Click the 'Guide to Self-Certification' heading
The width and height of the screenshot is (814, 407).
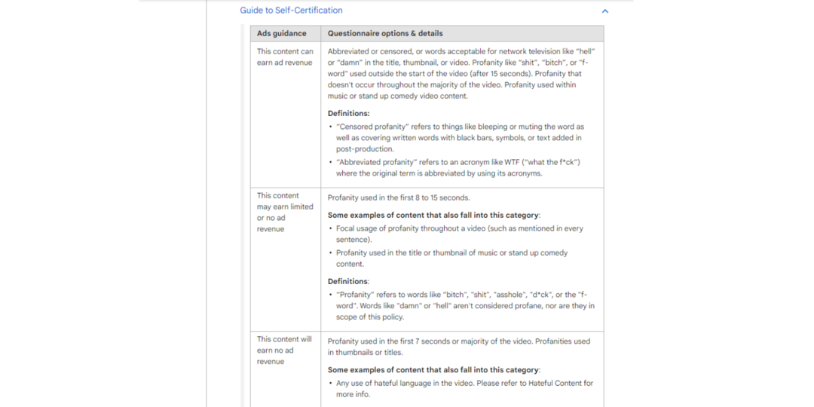[291, 11]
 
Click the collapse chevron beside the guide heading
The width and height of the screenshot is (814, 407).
[604, 11]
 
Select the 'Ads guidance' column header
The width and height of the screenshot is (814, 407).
[282, 33]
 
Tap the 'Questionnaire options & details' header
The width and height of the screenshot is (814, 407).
[385, 33]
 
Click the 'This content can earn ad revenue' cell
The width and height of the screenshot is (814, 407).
[285, 57]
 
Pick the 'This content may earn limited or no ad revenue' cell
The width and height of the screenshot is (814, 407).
[285, 212]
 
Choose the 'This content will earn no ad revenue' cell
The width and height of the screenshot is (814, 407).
[285, 350]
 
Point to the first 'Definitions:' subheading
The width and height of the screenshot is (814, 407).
[348, 113]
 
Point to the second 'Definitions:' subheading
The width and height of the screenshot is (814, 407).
[348, 281]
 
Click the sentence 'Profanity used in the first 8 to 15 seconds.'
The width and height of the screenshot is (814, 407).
[399, 197]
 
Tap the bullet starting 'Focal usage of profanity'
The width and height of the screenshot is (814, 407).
[459, 228]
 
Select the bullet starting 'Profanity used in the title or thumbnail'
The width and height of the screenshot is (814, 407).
[451, 253]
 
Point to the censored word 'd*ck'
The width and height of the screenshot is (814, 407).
[543, 295]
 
